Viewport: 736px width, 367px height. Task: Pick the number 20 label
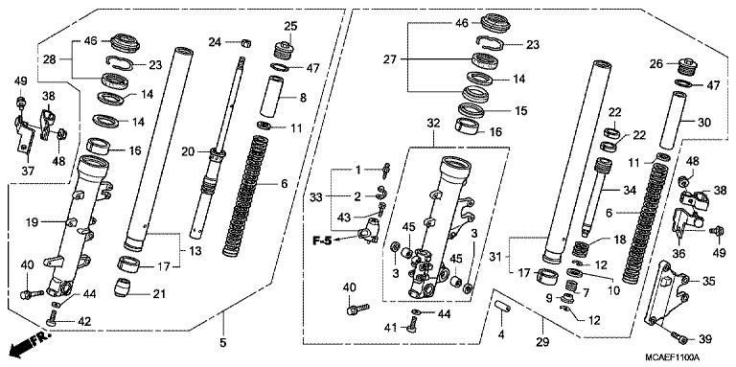tap(188, 151)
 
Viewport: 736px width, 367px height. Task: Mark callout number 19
tap(32, 222)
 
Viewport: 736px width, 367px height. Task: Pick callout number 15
tap(520, 111)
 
